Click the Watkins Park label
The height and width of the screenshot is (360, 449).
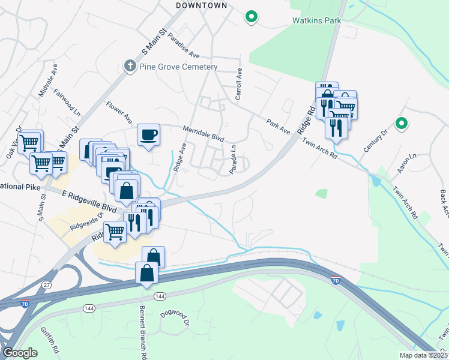tap(316, 20)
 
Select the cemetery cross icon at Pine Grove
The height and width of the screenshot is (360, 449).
tap(130, 66)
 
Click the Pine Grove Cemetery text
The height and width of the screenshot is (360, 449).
tap(178, 67)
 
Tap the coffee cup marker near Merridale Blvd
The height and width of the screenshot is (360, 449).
tap(148, 134)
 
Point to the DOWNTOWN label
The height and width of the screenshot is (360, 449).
tap(202, 5)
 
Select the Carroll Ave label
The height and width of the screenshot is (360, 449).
tap(238, 84)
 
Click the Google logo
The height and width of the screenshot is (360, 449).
tap(20, 352)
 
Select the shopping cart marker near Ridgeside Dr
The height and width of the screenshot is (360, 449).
tap(115, 231)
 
